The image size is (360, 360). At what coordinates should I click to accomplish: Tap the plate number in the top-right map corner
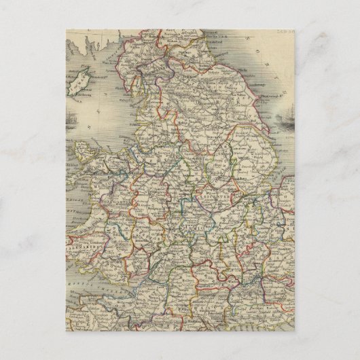pyautogui.click(x=284, y=31)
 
